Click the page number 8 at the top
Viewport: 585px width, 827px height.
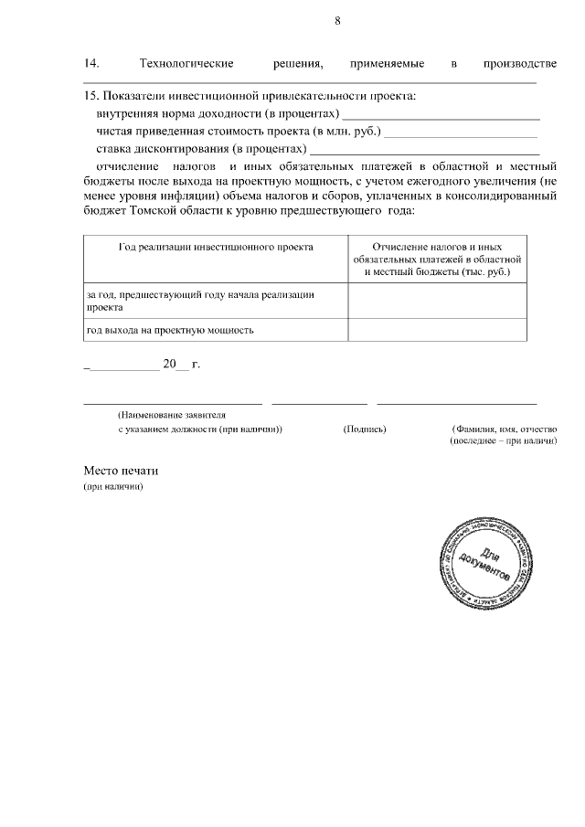(337, 21)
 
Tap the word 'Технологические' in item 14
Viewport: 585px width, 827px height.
(186, 63)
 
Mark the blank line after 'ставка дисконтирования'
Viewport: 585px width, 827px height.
(425, 151)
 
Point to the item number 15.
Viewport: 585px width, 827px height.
(90, 96)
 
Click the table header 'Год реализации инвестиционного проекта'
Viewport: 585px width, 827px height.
(216, 248)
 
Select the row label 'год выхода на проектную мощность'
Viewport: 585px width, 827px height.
(170, 330)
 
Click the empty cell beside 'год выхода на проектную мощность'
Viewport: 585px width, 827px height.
(437, 330)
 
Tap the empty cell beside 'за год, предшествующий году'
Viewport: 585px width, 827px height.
(437, 301)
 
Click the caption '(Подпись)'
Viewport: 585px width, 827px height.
(365, 429)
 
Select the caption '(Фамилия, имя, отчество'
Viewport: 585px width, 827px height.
(504, 429)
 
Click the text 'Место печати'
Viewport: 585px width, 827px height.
(121, 472)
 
